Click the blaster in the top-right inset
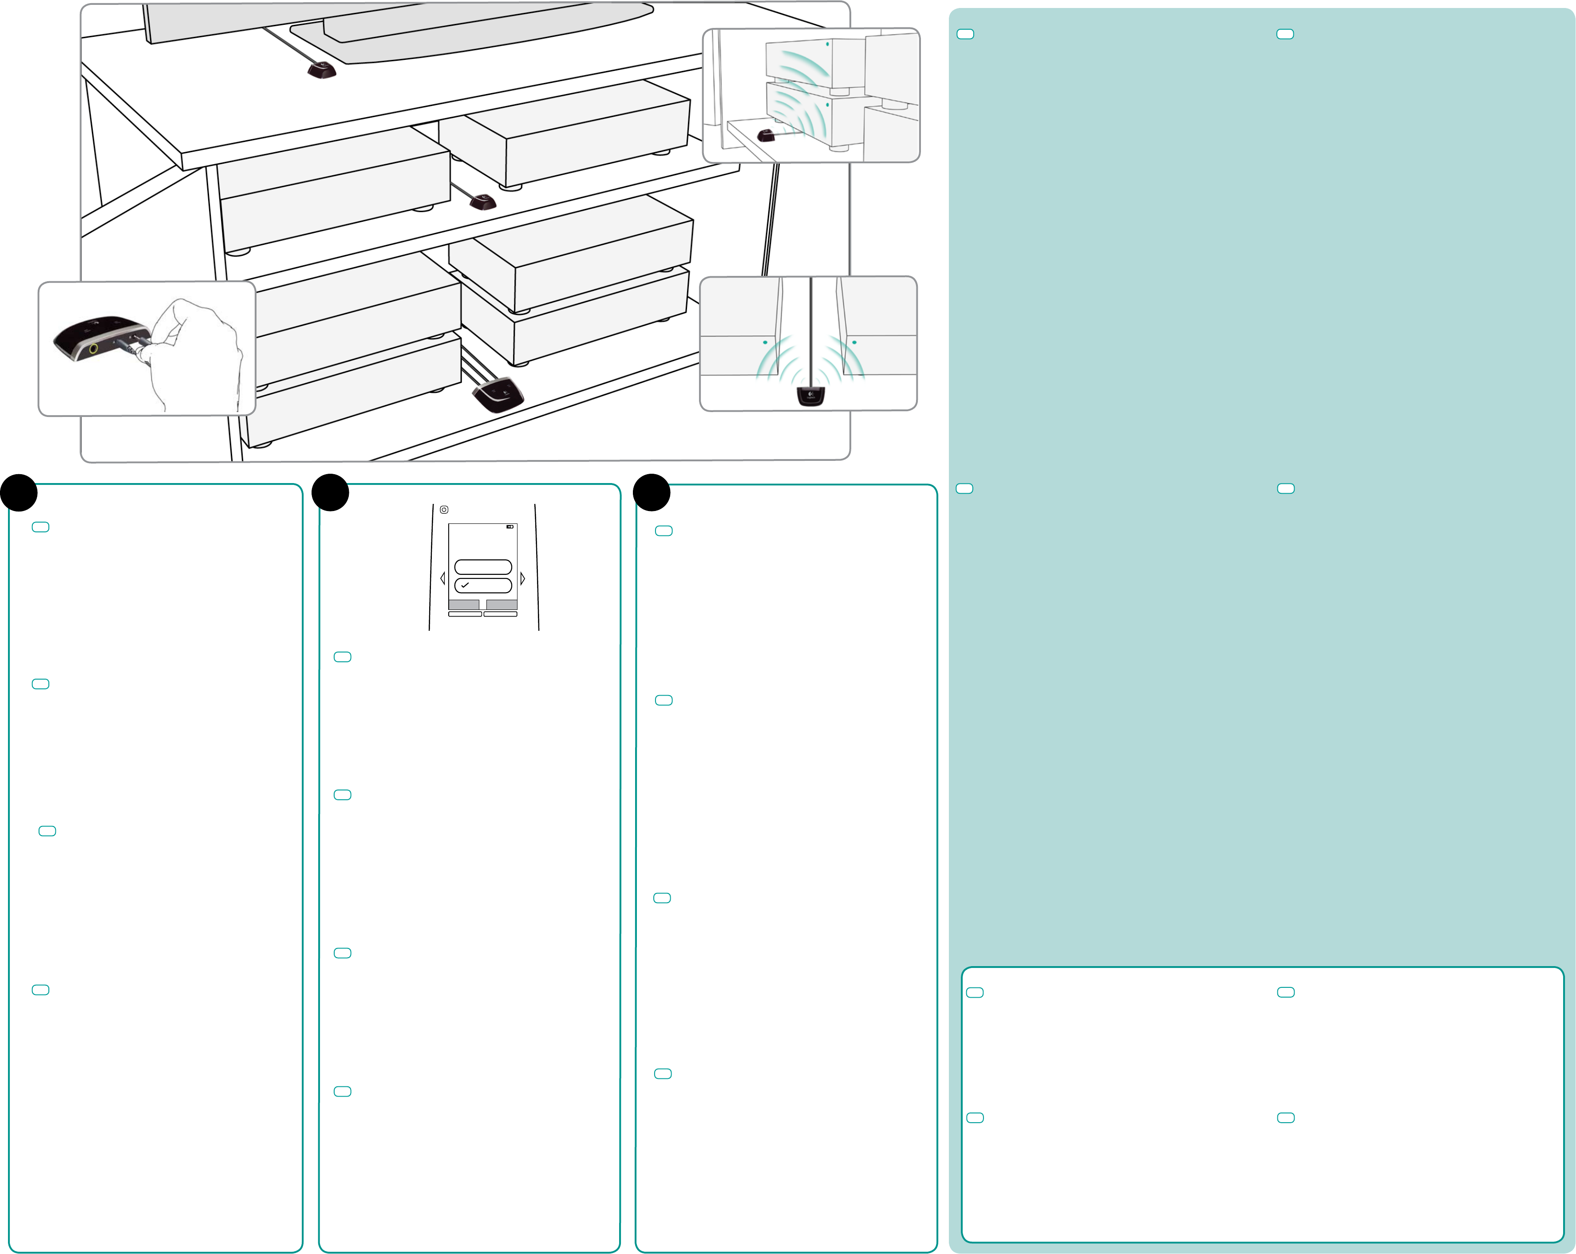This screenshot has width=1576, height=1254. click(x=765, y=135)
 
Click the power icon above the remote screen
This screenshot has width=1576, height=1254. click(x=444, y=509)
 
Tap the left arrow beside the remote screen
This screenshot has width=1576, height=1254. click(x=442, y=578)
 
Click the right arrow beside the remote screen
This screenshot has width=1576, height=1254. click(x=523, y=578)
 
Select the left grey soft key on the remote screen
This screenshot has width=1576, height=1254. click(x=463, y=604)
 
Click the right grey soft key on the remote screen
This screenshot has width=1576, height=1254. click(x=502, y=604)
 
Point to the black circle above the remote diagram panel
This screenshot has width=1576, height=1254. click(x=330, y=492)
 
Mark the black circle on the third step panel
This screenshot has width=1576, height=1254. click(x=652, y=492)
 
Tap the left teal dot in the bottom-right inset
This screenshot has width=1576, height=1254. click(x=765, y=342)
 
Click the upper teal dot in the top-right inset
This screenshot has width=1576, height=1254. click(x=827, y=44)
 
